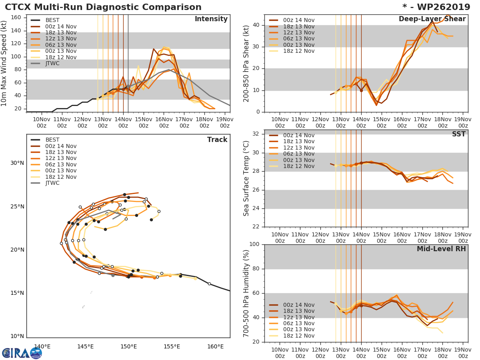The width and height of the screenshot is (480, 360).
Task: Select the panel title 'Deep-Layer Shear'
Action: tap(432, 19)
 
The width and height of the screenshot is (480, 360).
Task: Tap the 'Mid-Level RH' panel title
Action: tap(441, 249)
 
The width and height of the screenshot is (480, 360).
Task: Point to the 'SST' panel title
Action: tap(458, 134)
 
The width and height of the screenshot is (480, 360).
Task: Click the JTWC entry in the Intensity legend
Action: tap(52, 63)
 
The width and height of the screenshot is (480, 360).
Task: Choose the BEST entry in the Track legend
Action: tap(52, 140)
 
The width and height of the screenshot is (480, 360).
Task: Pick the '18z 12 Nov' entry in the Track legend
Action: tap(60, 177)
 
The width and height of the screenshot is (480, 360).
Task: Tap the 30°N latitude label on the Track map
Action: tap(17, 163)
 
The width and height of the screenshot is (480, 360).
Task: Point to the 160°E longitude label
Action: tap(216, 346)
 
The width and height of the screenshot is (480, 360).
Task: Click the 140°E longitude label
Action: tap(42, 346)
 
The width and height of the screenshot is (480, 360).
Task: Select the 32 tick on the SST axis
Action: tap(256, 134)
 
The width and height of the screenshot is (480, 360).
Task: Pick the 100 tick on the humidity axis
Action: tap(254, 244)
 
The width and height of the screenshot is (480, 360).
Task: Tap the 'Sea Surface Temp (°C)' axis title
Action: tap(246, 178)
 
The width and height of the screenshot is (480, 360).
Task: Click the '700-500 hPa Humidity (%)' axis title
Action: tap(246, 293)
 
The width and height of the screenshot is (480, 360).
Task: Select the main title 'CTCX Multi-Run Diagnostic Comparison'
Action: tap(103, 7)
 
